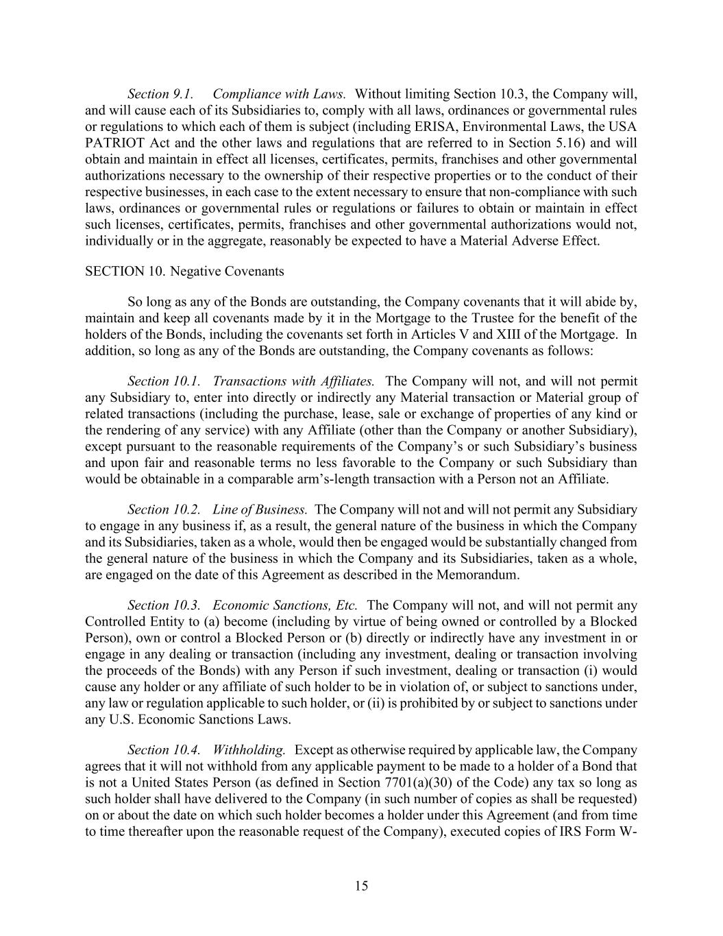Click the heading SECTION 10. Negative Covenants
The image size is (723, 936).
coord(184,272)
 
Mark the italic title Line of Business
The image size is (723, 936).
coord(260,509)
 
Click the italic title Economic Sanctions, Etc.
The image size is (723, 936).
coord(285,605)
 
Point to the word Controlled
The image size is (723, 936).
coord(112,622)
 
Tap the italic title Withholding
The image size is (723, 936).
coord(249,750)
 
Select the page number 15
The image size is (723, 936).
coord(362,886)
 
